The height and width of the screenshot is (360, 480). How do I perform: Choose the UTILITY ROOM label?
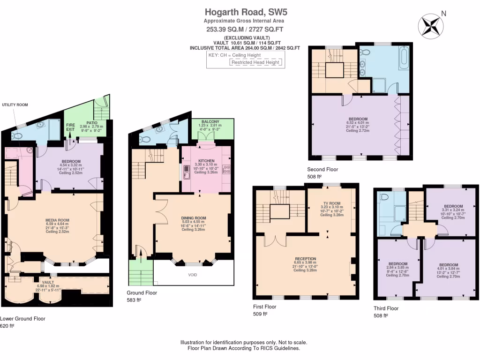(x=15, y=105)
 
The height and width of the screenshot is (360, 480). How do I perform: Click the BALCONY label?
(x=210, y=122)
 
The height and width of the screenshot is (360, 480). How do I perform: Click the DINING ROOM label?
(x=194, y=218)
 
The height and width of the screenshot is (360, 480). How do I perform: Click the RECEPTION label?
(x=305, y=259)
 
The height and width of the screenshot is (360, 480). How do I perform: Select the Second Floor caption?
(x=322, y=169)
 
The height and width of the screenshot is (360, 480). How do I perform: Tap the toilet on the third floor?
(x=384, y=197)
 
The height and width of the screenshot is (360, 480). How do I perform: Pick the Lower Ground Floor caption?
(x=22, y=318)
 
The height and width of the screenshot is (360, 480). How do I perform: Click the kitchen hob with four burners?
(x=225, y=170)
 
